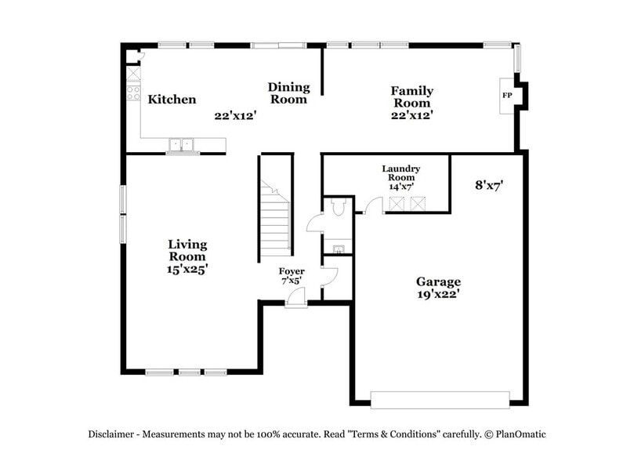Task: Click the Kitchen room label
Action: click(x=172, y=100)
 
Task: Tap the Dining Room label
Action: click(x=288, y=93)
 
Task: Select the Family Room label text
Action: click(x=411, y=97)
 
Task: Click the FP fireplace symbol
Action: click(x=507, y=96)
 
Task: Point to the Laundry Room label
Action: click(x=400, y=173)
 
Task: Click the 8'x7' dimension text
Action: click(x=488, y=186)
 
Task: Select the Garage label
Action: click(x=437, y=281)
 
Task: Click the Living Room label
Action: click(x=187, y=250)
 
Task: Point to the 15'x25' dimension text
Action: click(x=187, y=268)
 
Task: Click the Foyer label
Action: click(x=292, y=271)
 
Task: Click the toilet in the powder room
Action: click(x=339, y=208)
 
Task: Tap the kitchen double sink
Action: click(x=182, y=144)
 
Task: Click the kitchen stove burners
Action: click(x=133, y=95)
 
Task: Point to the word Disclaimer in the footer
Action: click(x=114, y=434)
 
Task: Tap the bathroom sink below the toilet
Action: click(x=338, y=249)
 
